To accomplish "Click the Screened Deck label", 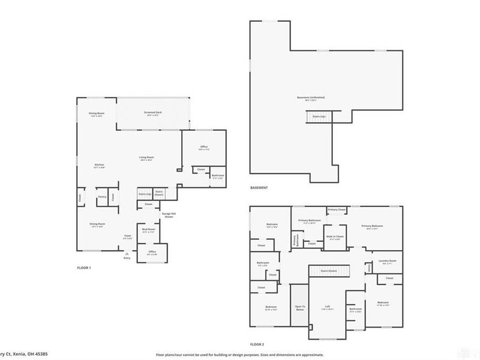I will point(150,113).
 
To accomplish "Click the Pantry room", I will point(103,197).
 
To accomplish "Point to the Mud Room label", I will point(148,230).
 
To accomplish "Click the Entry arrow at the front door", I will point(127,255).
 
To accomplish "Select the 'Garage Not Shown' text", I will point(169,215).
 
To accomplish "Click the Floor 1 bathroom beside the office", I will point(217,175).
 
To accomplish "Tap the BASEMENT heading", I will point(259,188).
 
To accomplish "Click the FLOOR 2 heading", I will point(257,344).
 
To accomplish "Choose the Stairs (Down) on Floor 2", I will point(328,271).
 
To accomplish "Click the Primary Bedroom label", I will point(373,226).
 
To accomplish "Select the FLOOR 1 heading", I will point(84,267).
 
